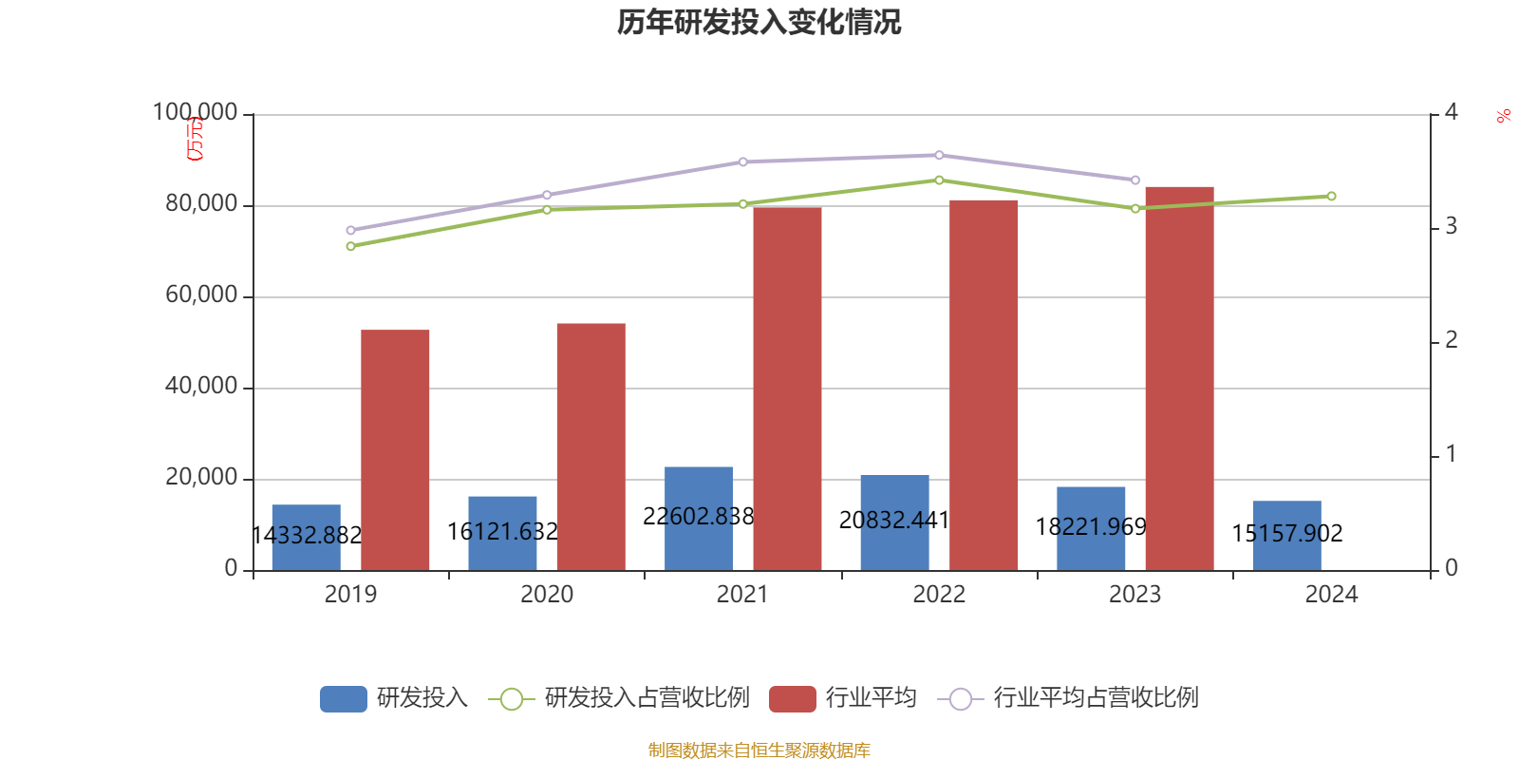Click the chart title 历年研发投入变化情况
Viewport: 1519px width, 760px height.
(759, 22)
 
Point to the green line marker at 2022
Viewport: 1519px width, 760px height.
(939, 180)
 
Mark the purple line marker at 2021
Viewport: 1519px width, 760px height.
(742, 161)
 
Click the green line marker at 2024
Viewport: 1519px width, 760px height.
(1331, 196)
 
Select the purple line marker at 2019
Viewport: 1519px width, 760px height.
(350, 230)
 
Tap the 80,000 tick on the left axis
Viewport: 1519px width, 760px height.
(200, 203)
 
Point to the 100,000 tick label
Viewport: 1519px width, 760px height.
(195, 112)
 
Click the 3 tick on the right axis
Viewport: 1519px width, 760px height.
(1451, 226)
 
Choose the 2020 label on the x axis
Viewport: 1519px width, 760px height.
(547, 595)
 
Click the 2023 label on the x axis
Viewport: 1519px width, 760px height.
(1135, 595)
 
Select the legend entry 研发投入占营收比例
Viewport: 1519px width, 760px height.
(646, 698)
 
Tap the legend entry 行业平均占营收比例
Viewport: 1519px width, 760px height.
(1095, 698)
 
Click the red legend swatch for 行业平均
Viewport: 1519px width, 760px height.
(793, 698)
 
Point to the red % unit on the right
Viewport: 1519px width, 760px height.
(1503, 116)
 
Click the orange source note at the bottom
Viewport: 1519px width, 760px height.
(759, 750)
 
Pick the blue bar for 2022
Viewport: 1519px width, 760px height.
(894, 522)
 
